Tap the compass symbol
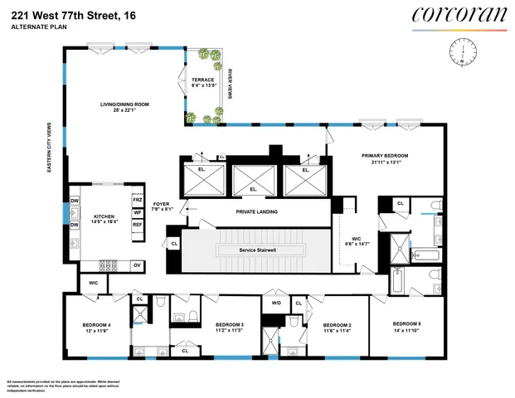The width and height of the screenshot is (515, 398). [x=458, y=52]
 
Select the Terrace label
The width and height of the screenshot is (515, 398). [x=203, y=82]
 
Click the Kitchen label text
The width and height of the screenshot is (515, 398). [x=104, y=218]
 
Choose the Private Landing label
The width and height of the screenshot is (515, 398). [x=256, y=211]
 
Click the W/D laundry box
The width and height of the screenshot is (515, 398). [x=276, y=303]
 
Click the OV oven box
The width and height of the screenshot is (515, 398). [x=138, y=265]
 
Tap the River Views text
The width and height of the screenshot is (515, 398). [x=229, y=83]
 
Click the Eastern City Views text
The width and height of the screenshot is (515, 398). [x=51, y=149]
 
